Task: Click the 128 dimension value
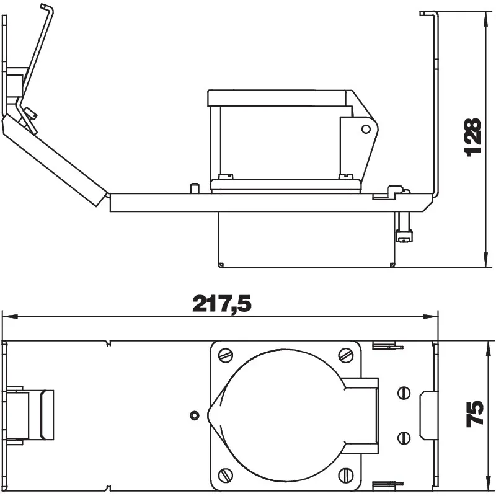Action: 472,136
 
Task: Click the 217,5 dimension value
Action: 222,304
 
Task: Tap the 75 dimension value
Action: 475,413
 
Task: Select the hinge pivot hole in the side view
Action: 366,129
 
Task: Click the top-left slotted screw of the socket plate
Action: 226,355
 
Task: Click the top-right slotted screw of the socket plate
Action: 346,355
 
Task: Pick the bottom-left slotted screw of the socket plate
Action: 226,475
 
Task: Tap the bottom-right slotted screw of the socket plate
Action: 346,475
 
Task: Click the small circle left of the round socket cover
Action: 195,415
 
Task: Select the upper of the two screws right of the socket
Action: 404,392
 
